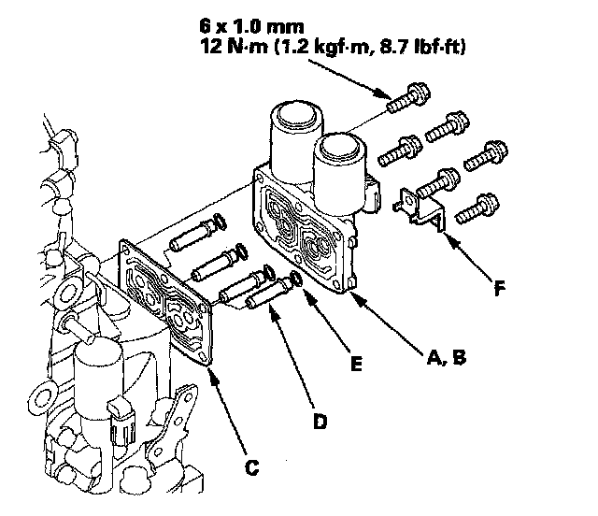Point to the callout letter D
320,421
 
